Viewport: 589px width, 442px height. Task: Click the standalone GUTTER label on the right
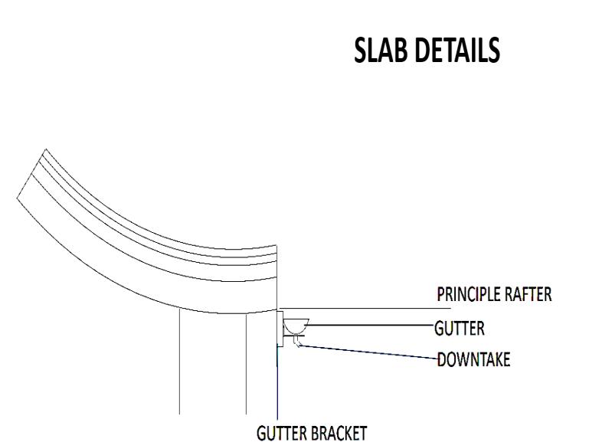pyautogui.click(x=460, y=329)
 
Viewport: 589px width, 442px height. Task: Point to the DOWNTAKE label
pyautogui.click(x=474, y=359)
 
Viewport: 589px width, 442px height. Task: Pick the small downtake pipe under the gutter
pyautogui.click(x=296, y=341)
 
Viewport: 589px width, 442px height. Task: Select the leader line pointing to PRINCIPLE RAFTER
pyautogui.click(x=365, y=308)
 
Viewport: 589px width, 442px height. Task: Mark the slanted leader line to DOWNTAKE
pyautogui.click(x=369, y=352)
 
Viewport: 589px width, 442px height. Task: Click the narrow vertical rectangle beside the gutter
pyautogui.click(x=280, y=329)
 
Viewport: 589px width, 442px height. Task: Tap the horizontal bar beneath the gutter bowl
pyautogui.click(x=294, y=336)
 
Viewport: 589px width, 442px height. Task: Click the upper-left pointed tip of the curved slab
pyautogui.click(x=46, y=149)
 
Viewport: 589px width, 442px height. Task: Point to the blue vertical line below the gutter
pyautogui.click(x=277, y=382)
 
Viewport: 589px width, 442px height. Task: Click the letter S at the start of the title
pyautogui.click(x=361, y=50)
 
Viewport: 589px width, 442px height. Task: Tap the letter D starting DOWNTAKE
pyautogui.click(x=442, y=359)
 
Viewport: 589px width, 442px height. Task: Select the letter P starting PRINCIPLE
pyautogui.click(x=440, y=294)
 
